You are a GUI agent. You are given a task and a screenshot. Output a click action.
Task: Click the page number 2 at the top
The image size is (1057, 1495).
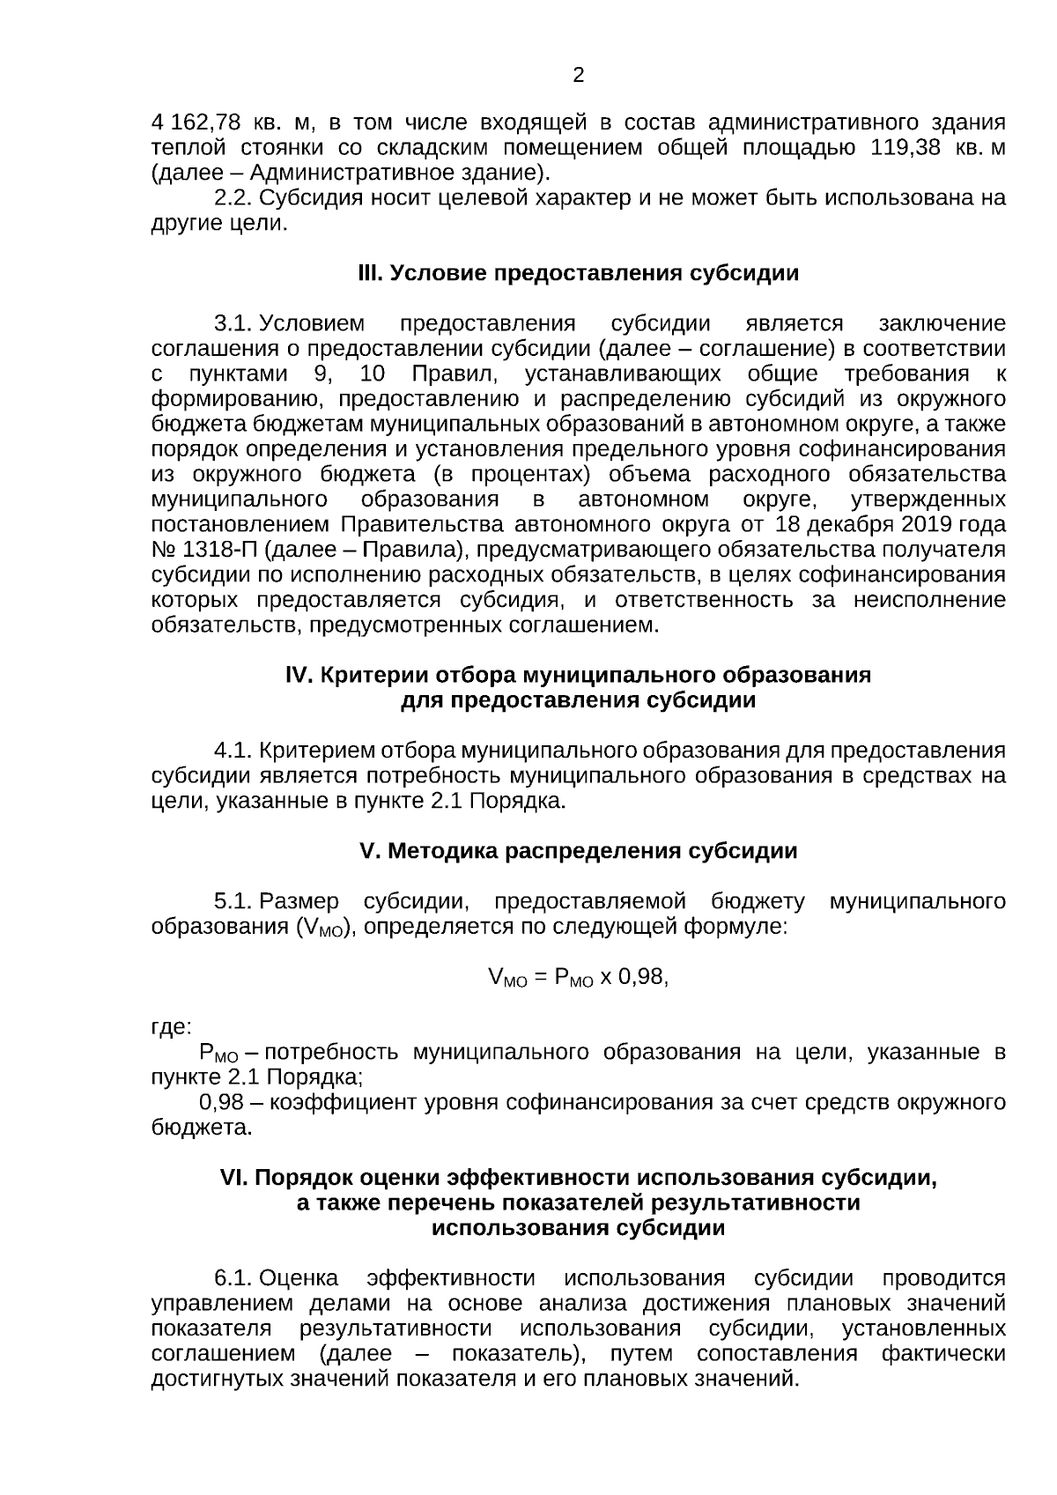[x=579, y=76]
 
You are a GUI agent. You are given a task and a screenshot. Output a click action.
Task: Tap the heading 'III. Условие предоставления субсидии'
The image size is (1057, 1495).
[x=578, y=273]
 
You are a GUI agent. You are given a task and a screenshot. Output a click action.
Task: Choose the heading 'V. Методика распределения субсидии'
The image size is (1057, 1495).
[x=579, y=851]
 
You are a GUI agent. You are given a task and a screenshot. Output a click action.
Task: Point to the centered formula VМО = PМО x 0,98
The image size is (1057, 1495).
[x=578, y=978]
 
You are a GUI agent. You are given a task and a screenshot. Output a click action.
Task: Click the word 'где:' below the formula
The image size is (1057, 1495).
[x=171, y=1027]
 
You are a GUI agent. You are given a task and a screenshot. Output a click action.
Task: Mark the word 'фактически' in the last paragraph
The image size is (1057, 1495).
[x=943, y=1353]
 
